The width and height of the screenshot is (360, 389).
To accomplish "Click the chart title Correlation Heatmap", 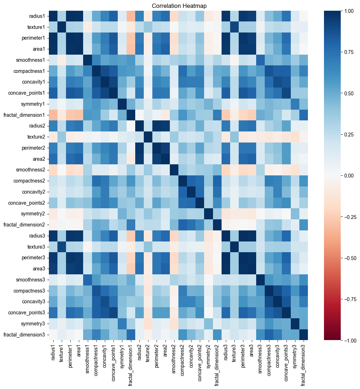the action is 179,6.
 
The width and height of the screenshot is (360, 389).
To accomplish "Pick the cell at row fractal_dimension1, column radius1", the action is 53,115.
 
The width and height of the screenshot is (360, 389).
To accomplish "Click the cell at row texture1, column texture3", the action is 234,27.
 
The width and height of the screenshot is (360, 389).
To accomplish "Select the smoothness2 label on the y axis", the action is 31,170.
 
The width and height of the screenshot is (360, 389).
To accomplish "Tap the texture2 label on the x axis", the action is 148,353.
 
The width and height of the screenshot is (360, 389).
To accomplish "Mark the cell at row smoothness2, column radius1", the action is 53,170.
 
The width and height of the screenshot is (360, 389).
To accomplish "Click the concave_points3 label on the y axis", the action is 27,313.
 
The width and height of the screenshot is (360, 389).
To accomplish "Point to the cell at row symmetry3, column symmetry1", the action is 122,324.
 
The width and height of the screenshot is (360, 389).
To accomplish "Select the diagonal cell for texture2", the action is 148,137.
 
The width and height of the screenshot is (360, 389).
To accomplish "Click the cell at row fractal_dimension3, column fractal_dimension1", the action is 131,334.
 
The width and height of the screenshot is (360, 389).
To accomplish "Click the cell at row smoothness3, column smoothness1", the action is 88,280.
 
